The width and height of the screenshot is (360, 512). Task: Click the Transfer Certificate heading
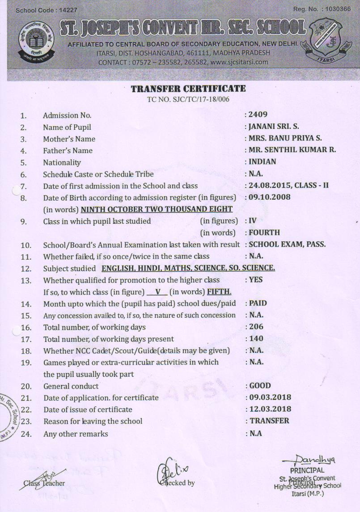click(x=188, y=89)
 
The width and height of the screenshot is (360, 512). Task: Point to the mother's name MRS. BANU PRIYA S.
click(x=285, y=138)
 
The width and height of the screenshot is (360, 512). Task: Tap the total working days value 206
click(x=257, y=327)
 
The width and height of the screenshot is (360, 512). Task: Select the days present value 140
click(x=257, y=338)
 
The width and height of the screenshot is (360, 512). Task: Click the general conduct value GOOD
click(x=260, y=385)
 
